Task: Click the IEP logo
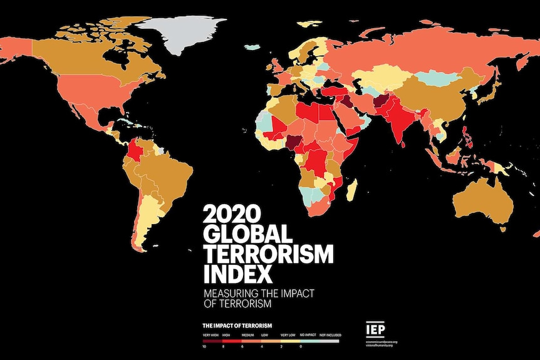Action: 376,329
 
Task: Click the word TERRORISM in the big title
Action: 269,254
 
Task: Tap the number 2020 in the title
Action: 230,213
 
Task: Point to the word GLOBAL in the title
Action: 247,234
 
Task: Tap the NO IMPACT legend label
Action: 308,336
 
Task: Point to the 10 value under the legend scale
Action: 204,346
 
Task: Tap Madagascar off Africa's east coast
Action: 352,187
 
